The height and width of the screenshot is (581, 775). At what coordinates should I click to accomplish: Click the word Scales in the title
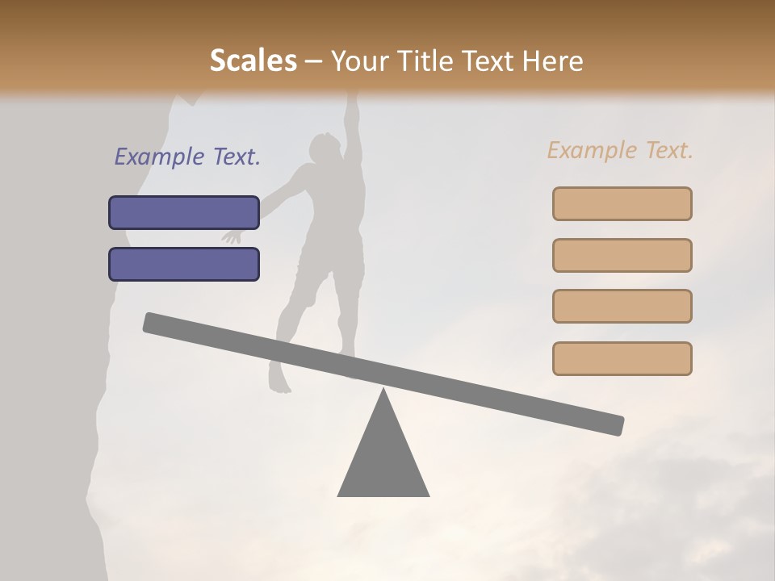click(253, 61)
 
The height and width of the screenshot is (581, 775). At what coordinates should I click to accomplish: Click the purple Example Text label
click(187, 157)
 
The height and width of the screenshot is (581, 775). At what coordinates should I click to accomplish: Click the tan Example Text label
click(620, 150)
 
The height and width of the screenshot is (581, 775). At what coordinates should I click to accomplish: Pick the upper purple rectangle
click(184, 212)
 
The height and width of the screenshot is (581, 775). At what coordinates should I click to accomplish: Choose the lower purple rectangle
click(184, 264)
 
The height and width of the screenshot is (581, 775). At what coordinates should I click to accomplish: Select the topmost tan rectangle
click(622, 203)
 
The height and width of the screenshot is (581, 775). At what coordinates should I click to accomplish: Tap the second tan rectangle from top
click(622, 255)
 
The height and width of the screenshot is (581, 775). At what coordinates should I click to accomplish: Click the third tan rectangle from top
click(622, 306)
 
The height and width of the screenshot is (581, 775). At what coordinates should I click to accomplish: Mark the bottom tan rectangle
click(622, 358)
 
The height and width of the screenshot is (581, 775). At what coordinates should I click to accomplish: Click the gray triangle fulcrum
click(383, 460)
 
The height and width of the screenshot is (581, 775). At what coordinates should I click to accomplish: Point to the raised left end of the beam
click(150, 322)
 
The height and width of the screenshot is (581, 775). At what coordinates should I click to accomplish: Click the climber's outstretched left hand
click(232, 236)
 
